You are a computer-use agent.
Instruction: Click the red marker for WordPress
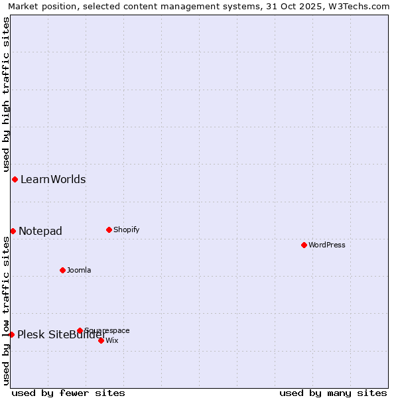tap(304, 245)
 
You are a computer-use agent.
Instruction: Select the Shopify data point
tap(109, 230)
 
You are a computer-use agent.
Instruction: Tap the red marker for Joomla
tap(62, 270)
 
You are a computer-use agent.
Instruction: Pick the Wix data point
tap(101, 340)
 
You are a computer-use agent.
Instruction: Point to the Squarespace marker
tap(80, 330)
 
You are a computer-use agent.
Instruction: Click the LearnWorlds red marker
tap(15, 180)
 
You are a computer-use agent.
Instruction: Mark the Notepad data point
tap(13, 231)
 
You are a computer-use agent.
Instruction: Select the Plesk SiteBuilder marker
tap(11, 334)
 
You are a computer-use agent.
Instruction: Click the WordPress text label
tap(327, 245)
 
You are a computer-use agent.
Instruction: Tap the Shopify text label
tap(126, 230)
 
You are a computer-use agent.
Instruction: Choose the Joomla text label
tap(79, 270)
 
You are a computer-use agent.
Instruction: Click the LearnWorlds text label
tap(53, 180)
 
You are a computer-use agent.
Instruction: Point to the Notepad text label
tap(40, 231)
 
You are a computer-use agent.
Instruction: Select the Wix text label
tap(112, 340)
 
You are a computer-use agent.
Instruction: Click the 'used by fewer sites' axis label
tap(68, 393)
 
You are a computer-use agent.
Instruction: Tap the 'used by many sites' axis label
tap(333, 393)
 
